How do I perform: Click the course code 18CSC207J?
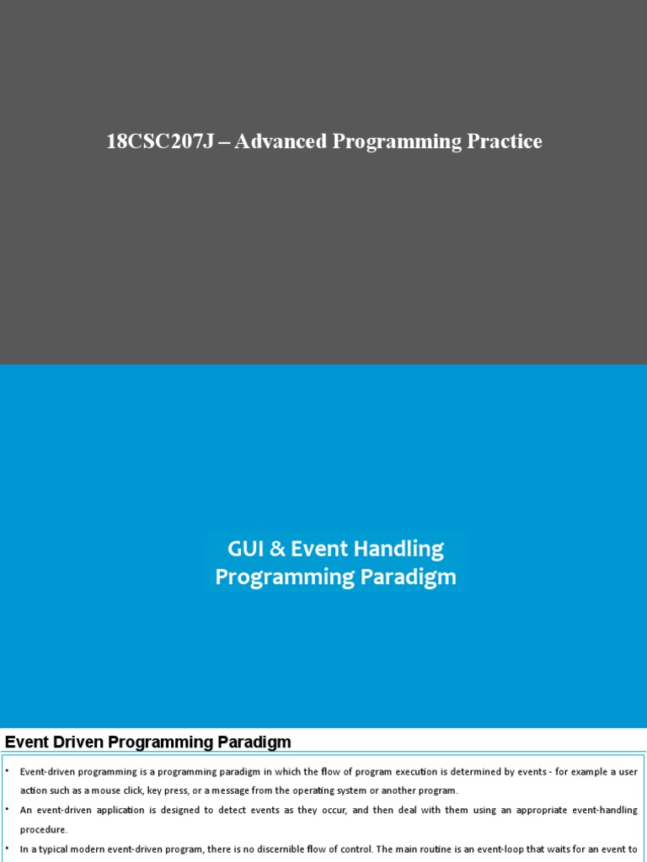[x=156, y=141]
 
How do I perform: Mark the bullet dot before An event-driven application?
[x=7, y=810]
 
